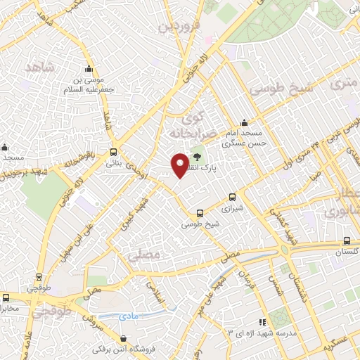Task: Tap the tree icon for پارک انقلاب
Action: point(196,157)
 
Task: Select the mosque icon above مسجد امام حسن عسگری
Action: point(243,122)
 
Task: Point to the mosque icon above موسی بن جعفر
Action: point(89,69)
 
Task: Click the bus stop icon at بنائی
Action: point(114,152)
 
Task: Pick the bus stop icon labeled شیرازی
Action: point(233,199)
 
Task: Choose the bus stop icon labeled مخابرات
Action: point(6,297)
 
